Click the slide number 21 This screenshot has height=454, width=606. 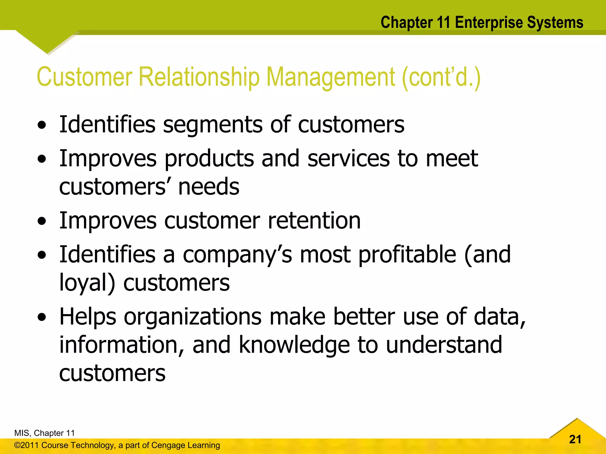[575, 439]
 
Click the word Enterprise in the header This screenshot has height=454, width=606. [489, 23]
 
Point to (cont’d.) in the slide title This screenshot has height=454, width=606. [441, 77]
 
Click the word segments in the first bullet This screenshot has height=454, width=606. [212, 124]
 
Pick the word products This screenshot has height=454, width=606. [209, 159]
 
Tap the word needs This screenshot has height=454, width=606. [209, 187]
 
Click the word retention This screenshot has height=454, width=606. [314, 220]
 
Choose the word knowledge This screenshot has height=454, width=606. [294, 345]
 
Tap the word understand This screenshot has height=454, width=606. [444, 345]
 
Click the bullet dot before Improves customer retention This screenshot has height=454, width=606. [42, 221]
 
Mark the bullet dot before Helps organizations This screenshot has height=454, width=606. [42, 317]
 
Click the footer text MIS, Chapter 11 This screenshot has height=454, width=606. [44, 433]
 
